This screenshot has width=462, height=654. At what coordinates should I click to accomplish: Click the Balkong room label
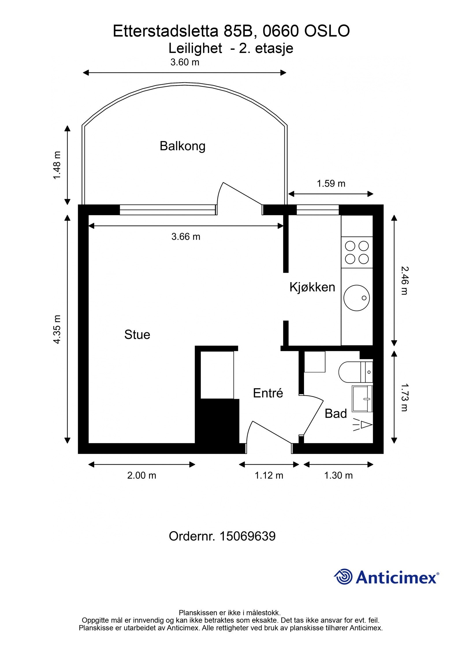[182, 146]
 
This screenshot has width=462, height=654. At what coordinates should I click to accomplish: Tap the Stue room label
[137, 335]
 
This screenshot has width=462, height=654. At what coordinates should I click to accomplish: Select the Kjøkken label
[312, 287]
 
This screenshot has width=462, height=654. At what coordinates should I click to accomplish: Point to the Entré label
[268, 393]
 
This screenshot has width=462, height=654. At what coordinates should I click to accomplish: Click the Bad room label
[336, 414]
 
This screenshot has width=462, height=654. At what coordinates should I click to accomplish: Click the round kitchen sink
[357, 298]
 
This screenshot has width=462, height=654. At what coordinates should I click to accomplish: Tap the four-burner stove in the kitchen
[357, 253]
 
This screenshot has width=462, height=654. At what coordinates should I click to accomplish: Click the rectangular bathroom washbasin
[362, 399]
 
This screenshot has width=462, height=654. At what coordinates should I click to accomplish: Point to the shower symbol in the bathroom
[364, 425]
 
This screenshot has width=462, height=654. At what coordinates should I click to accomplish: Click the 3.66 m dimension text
[186, 237]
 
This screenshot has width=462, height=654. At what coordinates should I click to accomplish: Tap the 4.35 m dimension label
[57, 329]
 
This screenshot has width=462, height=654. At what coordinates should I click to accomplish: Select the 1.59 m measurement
[331, 184]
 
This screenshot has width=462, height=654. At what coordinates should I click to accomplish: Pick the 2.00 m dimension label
[141, 475]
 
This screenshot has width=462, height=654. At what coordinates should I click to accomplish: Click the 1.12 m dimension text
[269, 475]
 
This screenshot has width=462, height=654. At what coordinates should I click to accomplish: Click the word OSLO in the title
[327, 31]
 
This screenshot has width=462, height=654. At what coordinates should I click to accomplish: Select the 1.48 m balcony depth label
[57, 165]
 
